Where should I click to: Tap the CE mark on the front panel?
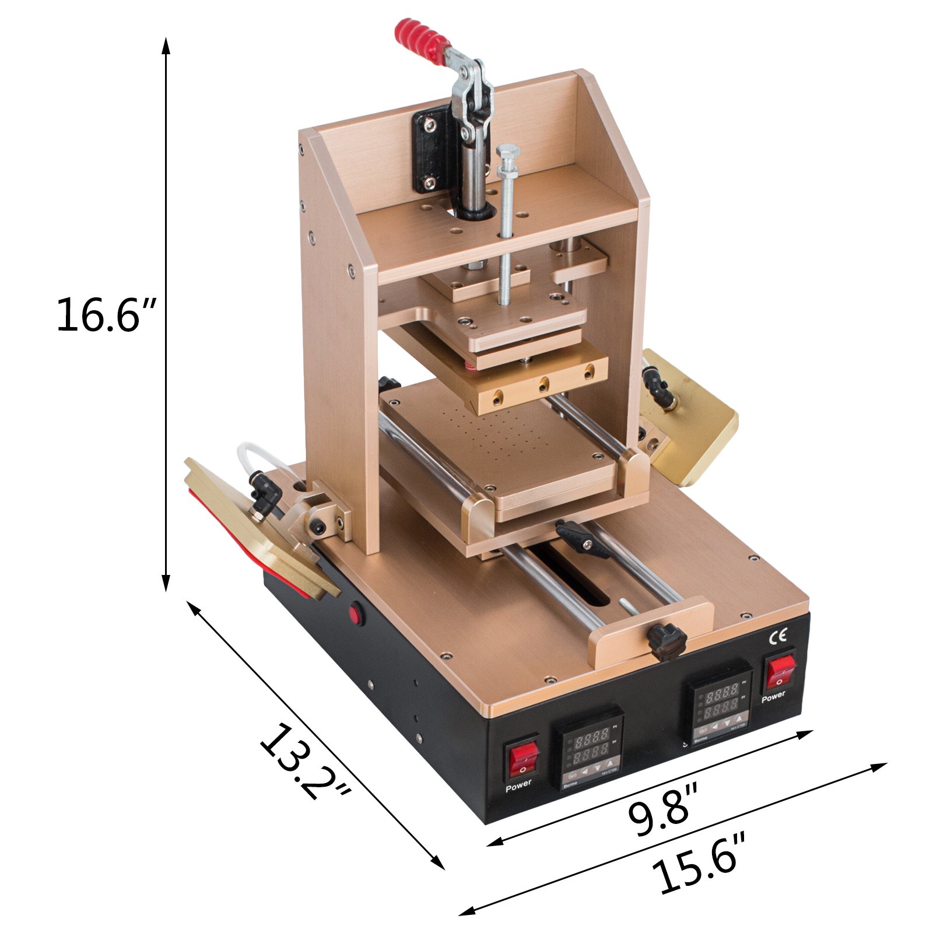779,636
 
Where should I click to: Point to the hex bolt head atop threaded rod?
507,155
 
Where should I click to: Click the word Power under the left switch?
518,785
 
